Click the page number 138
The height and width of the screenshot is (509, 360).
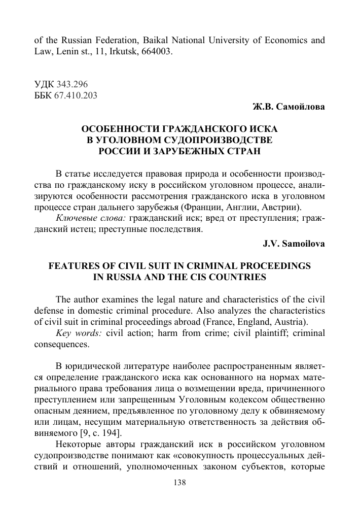point(180,483)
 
